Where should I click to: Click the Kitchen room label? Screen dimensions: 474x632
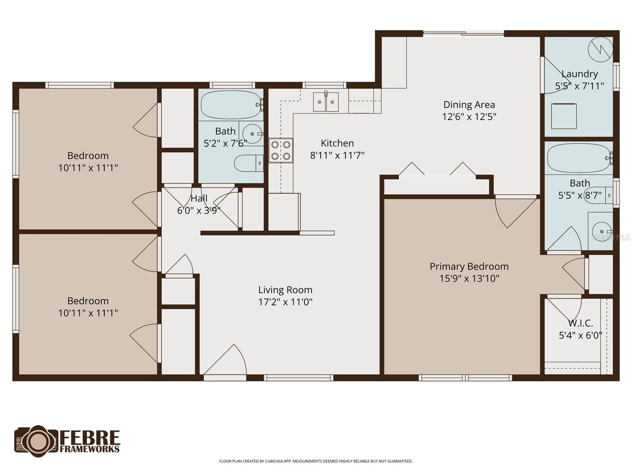(x=337, y=143)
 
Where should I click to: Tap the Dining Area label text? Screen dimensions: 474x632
(x=469, y=105)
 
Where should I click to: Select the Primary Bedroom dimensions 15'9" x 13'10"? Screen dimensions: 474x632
(x=469, y=278)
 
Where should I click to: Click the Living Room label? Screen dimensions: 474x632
(x=285, y=290)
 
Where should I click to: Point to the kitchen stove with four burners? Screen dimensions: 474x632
(x=281, y=150)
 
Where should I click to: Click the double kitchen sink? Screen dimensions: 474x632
(x=326, y=102)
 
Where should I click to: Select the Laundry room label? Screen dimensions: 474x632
(x=579, y=74)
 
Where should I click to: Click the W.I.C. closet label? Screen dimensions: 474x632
(x=580, y=323)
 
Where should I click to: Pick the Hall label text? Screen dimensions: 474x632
(x=199, y=198)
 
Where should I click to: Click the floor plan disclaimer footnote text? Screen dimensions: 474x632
(x=316, y=461)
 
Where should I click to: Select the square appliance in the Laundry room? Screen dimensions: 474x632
(x=564, y=116)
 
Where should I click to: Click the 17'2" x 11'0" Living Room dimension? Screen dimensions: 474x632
(x=285, y=302)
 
